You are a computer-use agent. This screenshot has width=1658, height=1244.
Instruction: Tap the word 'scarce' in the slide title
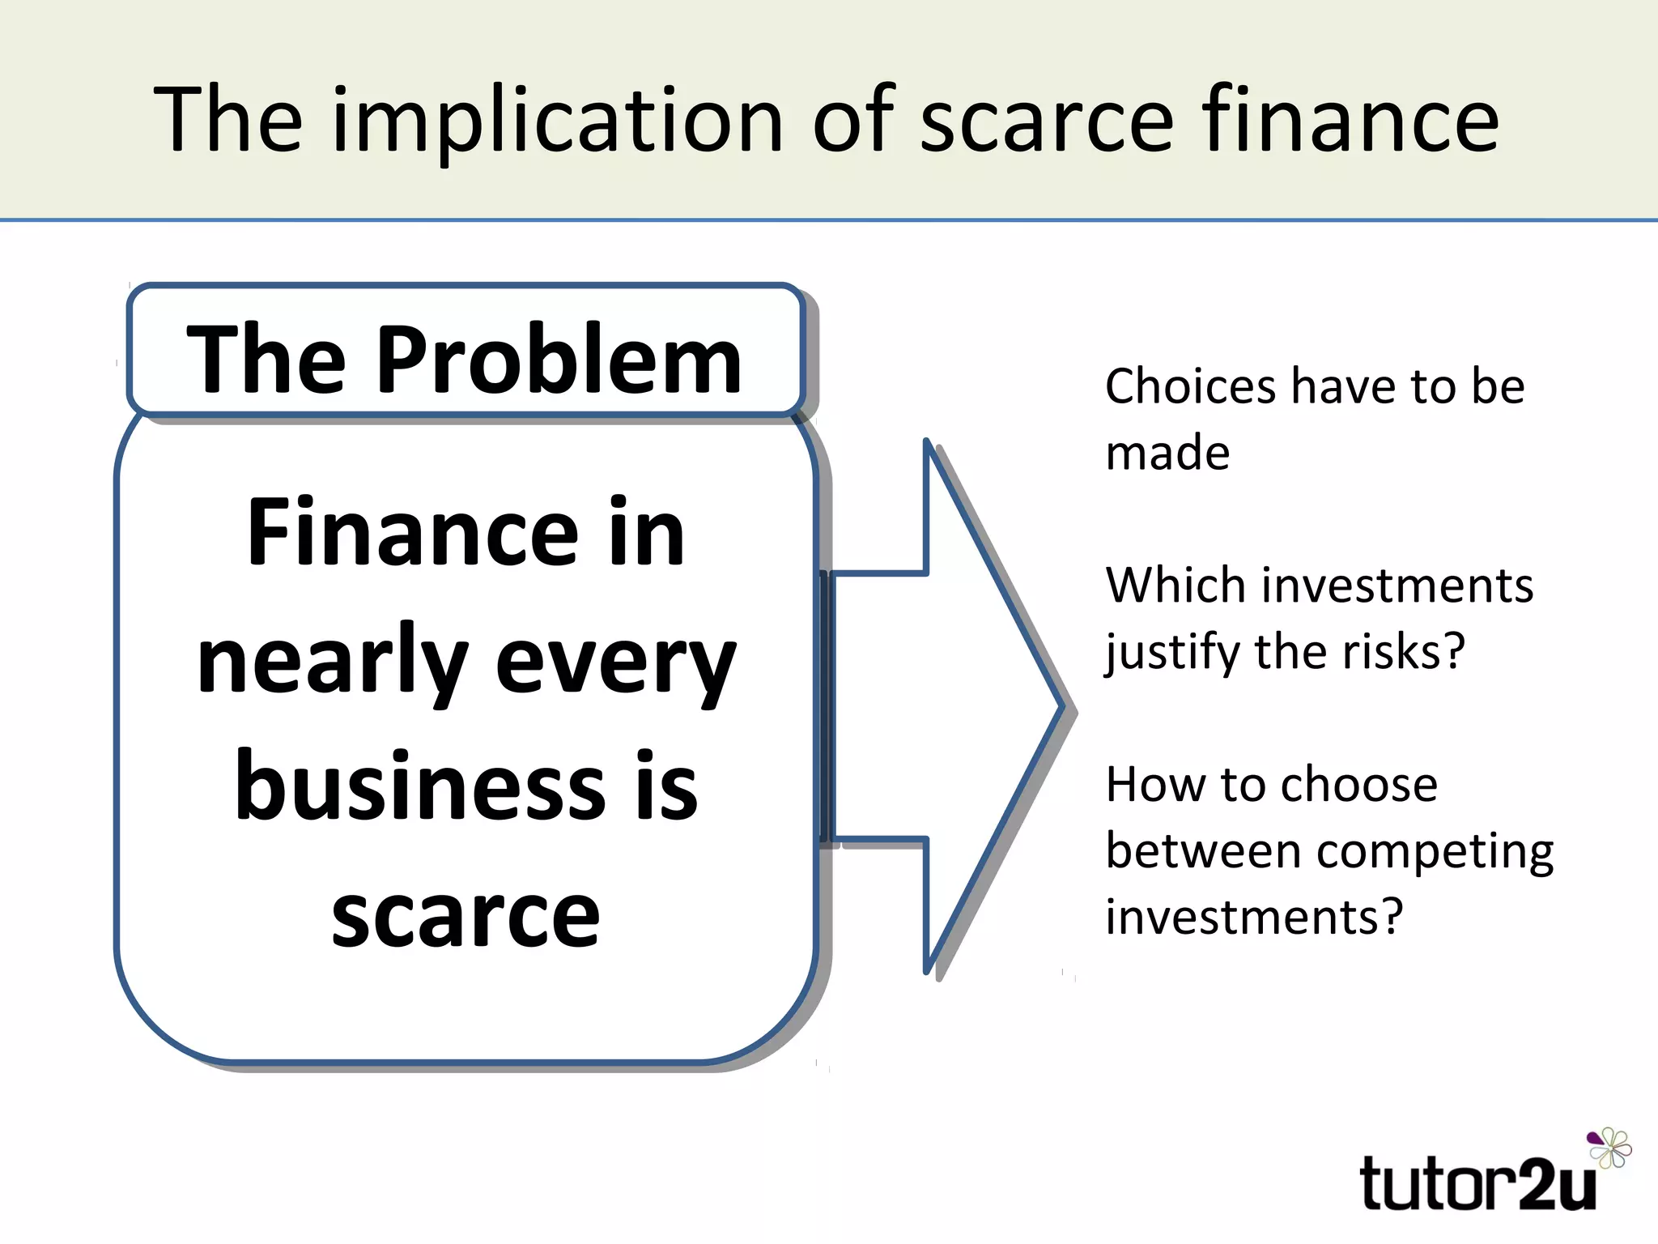tap(1046, 121)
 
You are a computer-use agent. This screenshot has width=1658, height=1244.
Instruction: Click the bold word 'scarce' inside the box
tap(466, 915)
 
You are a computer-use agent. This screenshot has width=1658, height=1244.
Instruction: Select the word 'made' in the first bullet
tap(1167, 453)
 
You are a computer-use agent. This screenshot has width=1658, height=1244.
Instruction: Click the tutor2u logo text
tap(1478, 1184)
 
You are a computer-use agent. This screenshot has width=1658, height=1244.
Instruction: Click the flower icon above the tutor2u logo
tap(1609, 1147)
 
